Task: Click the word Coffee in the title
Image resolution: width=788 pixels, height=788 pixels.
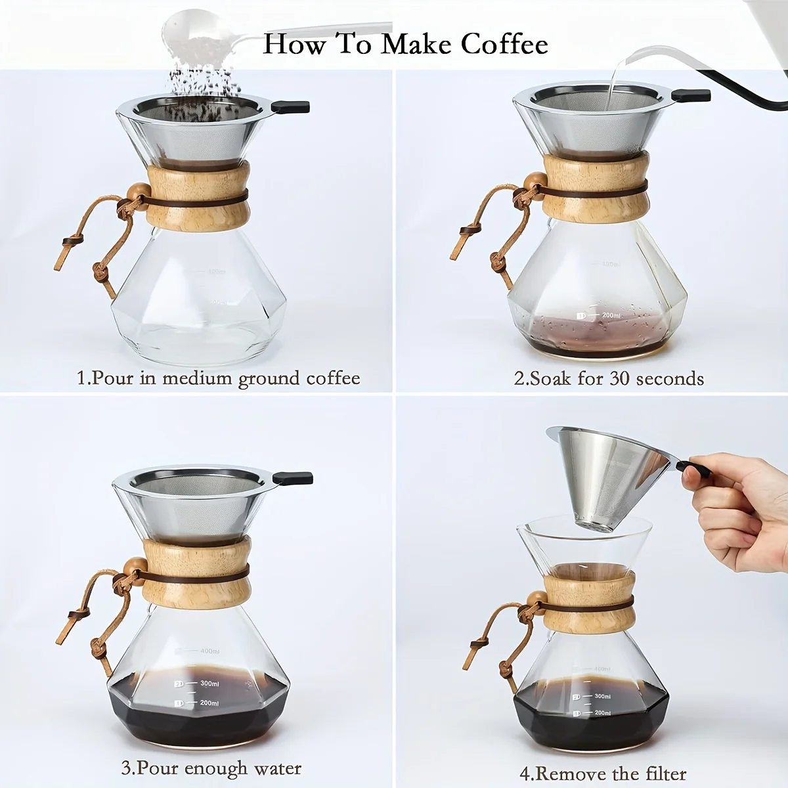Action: (504, 44)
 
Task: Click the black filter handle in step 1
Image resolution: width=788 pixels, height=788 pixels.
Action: (290, 106)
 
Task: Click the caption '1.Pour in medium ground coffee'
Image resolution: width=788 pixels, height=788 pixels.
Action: (219, 378)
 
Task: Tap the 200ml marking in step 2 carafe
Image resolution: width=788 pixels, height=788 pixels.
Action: (611, 315)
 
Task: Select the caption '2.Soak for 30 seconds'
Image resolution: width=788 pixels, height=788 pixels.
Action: (609, 379)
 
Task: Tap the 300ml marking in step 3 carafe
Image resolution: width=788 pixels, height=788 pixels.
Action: (209, 684)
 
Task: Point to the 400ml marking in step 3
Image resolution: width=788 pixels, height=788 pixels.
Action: (209, 651)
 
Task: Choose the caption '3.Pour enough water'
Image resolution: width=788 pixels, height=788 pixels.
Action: (211, 768)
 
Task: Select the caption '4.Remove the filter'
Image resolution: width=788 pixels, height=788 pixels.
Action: (603, 773)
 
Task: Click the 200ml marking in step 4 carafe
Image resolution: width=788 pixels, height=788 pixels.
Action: (602, 712)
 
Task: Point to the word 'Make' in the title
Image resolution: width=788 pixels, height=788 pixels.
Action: (417, 44)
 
